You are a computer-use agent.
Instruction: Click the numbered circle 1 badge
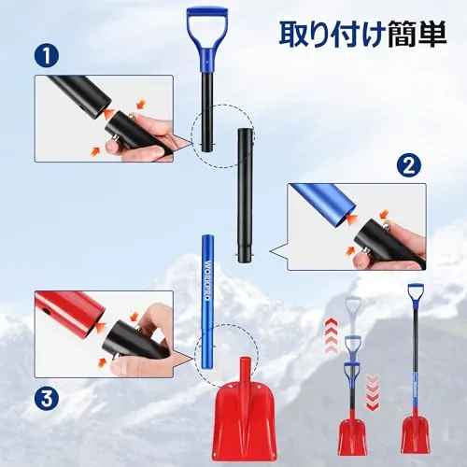47,56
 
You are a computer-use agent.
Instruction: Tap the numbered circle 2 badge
409,166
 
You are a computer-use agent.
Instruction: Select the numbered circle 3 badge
47,399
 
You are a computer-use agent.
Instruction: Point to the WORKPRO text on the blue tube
207,280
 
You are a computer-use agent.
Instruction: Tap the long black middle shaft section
245,194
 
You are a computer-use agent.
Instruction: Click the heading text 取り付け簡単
362,34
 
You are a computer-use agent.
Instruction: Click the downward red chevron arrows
373,393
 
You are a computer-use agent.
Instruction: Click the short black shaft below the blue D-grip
207,111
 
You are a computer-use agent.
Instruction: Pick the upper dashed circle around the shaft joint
222,135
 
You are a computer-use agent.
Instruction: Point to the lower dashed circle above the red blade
226,355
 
